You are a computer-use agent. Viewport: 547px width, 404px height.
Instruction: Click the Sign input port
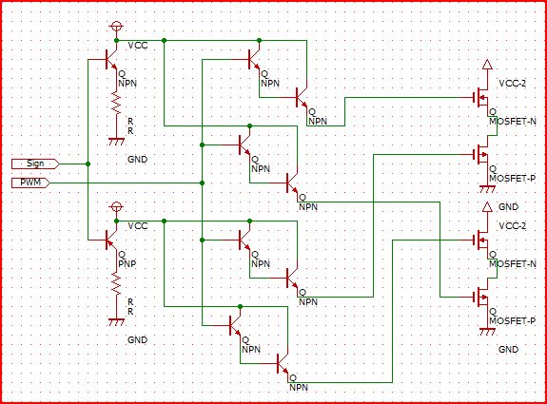click(x=35, y=164)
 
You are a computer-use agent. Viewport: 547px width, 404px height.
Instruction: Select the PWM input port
click(x=30, y=183)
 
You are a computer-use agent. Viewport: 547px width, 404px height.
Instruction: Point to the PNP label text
click(x=127, y=264)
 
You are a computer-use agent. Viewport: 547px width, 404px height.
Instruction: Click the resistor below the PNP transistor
click(x=116, y=282)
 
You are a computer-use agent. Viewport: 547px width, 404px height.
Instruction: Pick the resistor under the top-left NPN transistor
click(x=116, y=102)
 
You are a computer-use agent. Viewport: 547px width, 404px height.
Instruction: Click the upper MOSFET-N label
click(x=513, y=122)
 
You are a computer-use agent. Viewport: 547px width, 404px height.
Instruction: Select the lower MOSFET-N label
click(x=513, y=264)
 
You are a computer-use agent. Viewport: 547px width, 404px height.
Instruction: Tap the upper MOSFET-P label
click(x=512, y=179)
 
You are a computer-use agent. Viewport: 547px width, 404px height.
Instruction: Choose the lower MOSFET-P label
click(x=512, y=321)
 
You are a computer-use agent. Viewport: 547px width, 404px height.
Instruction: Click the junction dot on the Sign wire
click(x=88, y=164)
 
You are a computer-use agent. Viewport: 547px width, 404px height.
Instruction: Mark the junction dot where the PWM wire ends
click(x=202, y=183)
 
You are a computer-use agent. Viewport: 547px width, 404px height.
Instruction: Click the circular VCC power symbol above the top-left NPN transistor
click(x=116, y=27)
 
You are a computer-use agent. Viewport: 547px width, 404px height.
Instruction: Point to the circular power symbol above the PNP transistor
click(x=116, y=206)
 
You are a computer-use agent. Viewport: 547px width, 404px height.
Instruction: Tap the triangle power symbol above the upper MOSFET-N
click(x=487, y=64)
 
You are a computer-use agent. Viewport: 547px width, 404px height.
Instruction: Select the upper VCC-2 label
click(x=512, y=84)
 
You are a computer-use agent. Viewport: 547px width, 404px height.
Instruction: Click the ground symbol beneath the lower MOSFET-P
click(x=487, y=331)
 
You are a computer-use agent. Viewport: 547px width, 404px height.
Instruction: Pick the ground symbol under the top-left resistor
click(x=116, y=142)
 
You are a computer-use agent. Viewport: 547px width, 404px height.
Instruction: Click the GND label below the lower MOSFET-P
click(x=508, y=349)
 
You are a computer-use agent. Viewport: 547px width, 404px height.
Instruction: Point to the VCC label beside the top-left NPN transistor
click(x=138, y=46)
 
